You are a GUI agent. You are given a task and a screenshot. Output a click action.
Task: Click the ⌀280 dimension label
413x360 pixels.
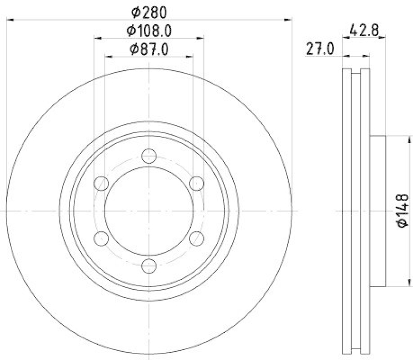tap(149, 11)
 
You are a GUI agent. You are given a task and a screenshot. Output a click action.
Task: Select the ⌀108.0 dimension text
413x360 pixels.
tap(149, 30)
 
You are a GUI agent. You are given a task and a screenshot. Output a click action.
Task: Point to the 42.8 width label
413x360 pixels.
tap(365, 30)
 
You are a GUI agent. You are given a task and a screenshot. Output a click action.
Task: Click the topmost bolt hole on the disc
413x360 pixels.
tap(149, 155)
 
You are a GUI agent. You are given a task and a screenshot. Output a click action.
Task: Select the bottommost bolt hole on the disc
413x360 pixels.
tap(149, 266)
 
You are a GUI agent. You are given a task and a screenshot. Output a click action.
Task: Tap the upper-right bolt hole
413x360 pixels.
tap(197, 183)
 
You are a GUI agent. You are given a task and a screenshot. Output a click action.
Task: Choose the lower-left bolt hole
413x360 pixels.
tap(101, 238)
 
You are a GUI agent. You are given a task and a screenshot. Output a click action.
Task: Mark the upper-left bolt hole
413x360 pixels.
tap(101, 183)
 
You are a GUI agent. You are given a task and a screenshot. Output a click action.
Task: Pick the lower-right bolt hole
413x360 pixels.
tap(197, 238)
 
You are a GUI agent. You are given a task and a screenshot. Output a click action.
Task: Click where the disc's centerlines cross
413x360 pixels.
tap(149, 211)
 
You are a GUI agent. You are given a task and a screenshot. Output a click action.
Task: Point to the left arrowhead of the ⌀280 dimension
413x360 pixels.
tap(9, 20)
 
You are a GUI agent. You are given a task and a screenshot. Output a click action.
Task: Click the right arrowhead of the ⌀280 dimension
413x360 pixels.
tap(289, 20)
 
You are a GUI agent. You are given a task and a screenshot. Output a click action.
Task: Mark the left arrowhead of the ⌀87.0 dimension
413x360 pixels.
tap(107, 56)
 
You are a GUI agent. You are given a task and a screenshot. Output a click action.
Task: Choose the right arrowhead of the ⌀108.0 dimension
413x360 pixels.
tap(200, 37)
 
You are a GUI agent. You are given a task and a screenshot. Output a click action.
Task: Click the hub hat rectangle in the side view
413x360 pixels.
tap(378, 211)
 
